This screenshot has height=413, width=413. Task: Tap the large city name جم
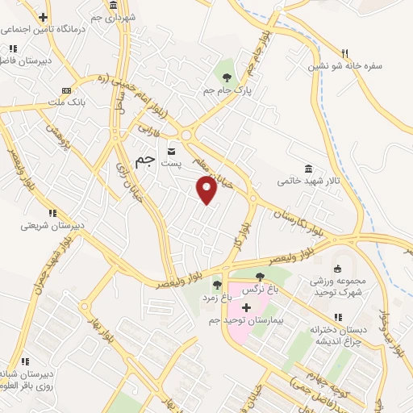pos(144,161)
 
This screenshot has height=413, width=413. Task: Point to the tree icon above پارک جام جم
pos(226,77)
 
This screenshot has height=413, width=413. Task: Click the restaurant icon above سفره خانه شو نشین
pos(344,52)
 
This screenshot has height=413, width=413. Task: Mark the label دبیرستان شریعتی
pos(52,225)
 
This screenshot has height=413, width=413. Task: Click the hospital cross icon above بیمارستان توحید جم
pos(246,307)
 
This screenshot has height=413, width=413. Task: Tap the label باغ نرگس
pos(261,287)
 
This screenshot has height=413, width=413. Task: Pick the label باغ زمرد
pos(216,297)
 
